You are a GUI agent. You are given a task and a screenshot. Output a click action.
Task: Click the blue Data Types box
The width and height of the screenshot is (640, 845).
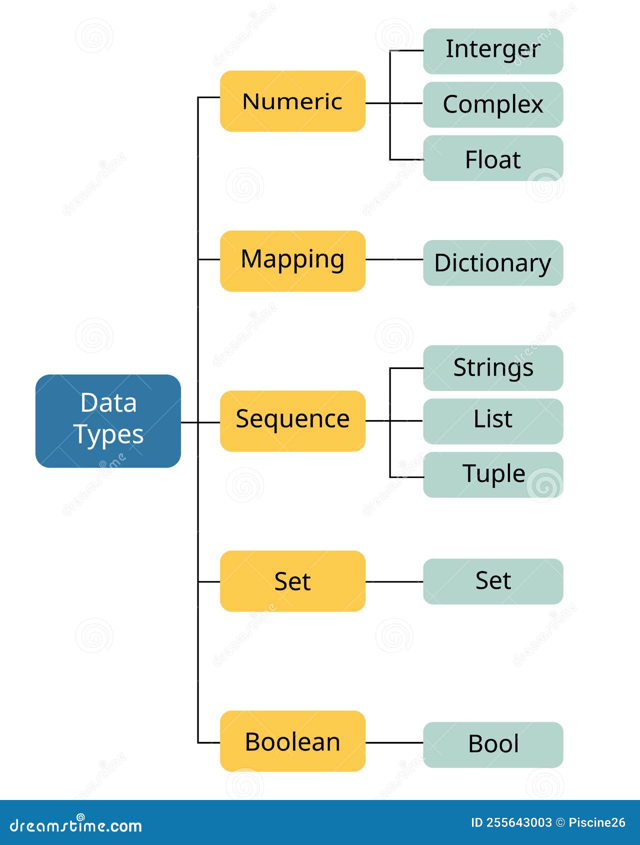click(x=108, y=421)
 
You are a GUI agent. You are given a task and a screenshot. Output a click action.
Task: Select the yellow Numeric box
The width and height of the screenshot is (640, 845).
click(x=292, y=101)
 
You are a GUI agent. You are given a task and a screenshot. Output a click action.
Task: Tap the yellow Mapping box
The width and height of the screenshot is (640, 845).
click(x=292, y=260)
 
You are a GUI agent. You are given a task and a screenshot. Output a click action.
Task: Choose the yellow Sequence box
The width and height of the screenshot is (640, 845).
click(x=292, y=420)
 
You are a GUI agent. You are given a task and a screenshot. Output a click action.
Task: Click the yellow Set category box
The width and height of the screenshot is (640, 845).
click(x=292, y=580)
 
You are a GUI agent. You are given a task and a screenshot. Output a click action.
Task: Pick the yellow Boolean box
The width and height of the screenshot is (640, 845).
click(x=292, y=740)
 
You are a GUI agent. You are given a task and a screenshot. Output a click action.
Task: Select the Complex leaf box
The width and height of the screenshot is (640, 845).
click(x=493, y=104)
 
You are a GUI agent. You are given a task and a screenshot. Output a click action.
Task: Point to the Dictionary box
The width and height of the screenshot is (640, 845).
click(x=493, y=262)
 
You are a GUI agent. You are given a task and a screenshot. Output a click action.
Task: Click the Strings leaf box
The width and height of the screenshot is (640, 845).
click(x=493, y=367)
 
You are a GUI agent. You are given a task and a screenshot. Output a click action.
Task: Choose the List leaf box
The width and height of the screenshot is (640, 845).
click(x=493, y=421)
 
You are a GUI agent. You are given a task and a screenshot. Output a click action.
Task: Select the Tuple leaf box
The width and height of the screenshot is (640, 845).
click(x=493, y=474)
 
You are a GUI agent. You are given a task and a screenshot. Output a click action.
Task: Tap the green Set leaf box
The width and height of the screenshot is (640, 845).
click(x=493, y=581)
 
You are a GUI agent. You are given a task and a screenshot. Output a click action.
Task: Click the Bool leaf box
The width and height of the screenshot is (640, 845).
click(x=493, y=744)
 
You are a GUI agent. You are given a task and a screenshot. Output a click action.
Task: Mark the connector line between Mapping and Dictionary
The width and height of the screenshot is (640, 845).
click(x=394, y=259)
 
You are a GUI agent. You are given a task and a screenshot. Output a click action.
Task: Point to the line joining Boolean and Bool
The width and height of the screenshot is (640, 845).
click(x=394, y=742)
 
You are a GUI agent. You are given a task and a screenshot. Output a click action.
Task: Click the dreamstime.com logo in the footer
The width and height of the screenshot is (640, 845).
click(x=76, y=825)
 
